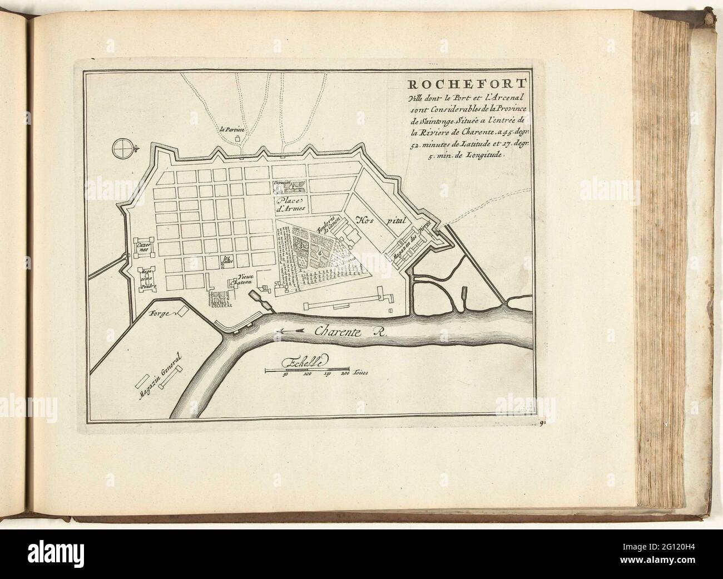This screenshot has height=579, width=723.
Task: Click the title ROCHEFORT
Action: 452,85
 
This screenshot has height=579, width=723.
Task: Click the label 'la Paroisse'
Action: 232,130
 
